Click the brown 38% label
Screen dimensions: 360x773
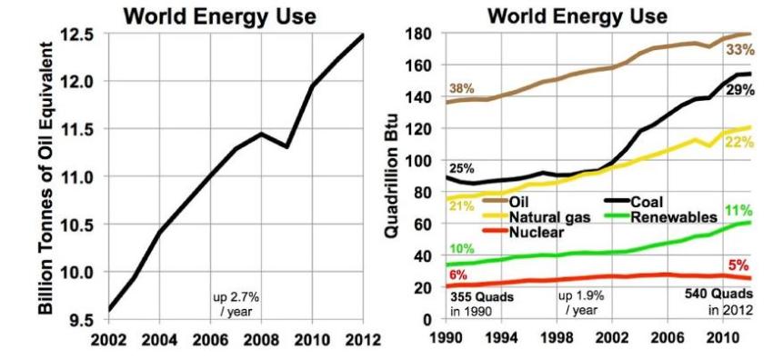tap(462, 89)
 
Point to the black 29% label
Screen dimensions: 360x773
tap(738, 90)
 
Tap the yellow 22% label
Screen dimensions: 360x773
tap(738, 143)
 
